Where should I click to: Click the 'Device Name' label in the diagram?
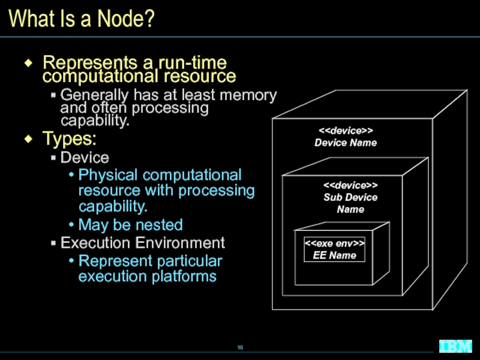coord(346,143)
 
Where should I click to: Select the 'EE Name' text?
coord(335,256)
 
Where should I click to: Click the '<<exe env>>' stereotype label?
coord(335,244)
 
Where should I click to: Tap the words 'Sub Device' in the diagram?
coord(350,197)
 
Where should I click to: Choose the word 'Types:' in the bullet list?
coord(68,139)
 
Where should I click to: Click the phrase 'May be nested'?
coord(130,225)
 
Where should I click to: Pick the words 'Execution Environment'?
coord(143,243)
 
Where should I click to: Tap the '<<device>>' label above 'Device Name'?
coord(346,131)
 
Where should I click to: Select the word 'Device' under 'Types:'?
coord(85,158)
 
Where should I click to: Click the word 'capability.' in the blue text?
coord(113,207)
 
